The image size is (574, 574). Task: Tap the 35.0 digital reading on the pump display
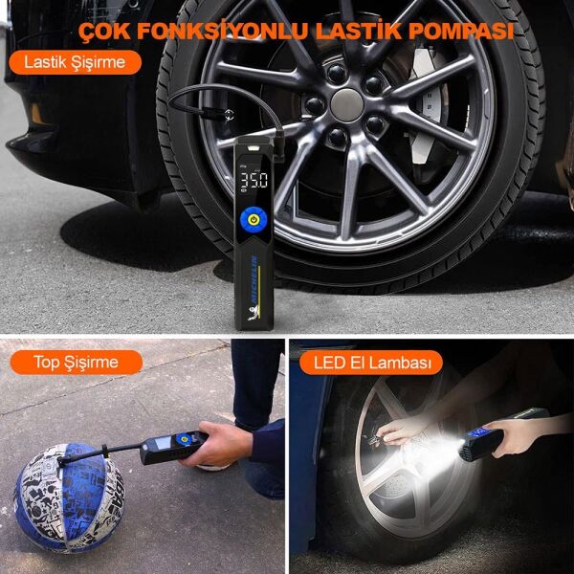254,179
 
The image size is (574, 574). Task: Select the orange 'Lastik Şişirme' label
75,63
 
